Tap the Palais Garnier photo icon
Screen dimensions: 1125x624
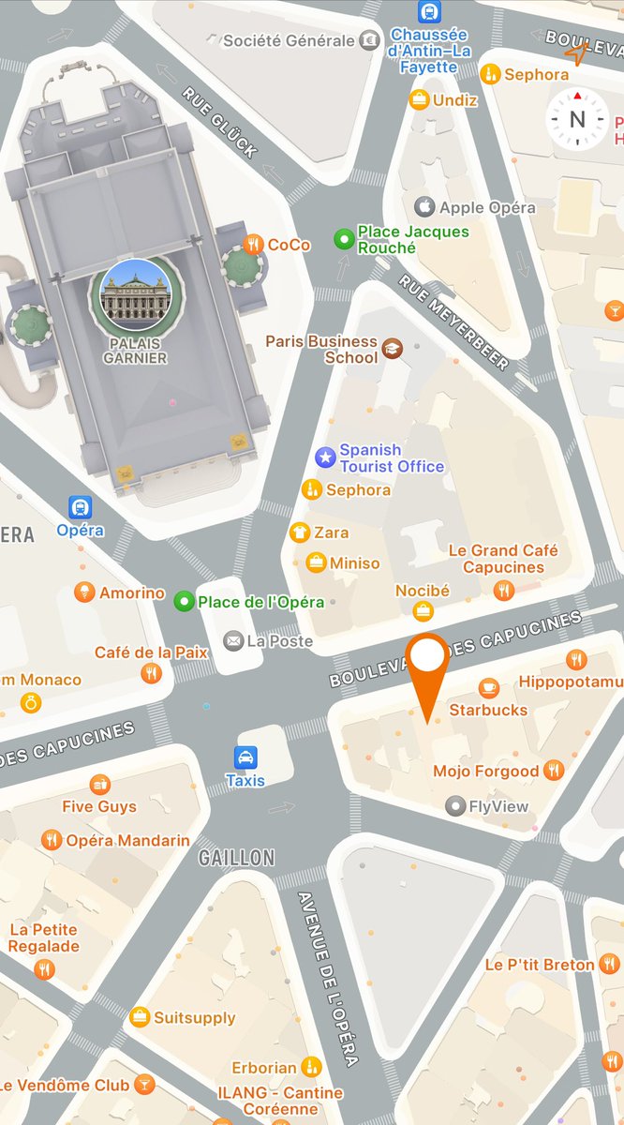[136, 293]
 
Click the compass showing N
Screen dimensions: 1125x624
[577, 119]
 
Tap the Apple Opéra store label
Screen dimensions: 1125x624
[487, 207]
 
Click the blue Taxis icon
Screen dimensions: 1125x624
[245, 757]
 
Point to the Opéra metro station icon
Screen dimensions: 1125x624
[81, 507]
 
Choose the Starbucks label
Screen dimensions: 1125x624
[488, 710]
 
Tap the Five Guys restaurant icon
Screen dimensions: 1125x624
[100, 784]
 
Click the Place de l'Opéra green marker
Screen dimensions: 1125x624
[185, 601]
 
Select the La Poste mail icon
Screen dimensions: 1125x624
[232, 641]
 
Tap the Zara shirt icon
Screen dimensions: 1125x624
[300, 532]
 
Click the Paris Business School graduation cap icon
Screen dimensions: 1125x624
[393, 349]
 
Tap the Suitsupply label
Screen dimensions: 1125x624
[194, 1017]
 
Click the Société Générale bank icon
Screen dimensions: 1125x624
[372, 40]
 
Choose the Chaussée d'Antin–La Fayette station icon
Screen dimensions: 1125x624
[430, 12]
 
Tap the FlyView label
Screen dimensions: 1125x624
[498, 806]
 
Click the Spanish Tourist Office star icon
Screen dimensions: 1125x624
[325, 457]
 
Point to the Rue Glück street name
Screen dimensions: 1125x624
[219, 123]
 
